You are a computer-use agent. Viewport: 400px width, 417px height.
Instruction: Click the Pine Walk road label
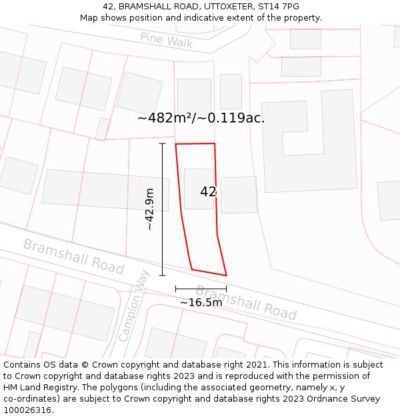[166, 40]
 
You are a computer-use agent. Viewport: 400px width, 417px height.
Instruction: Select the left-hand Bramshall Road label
[73, 256]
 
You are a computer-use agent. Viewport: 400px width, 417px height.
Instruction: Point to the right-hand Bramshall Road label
[245, 302]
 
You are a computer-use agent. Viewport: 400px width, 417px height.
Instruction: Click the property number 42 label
[208, 191]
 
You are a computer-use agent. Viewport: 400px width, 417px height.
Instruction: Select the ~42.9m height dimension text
[150, 210]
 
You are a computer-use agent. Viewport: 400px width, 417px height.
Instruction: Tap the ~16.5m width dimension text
[201, 302]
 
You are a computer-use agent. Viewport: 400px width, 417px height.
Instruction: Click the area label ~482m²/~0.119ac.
[201, 118]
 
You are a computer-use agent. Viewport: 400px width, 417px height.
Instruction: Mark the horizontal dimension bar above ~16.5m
[201, 288]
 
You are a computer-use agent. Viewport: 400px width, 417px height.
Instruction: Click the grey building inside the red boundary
[199, 188]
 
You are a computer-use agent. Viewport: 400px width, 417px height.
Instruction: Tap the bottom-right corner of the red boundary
[227, 275]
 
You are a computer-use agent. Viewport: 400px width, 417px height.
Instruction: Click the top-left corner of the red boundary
[175, 144]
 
